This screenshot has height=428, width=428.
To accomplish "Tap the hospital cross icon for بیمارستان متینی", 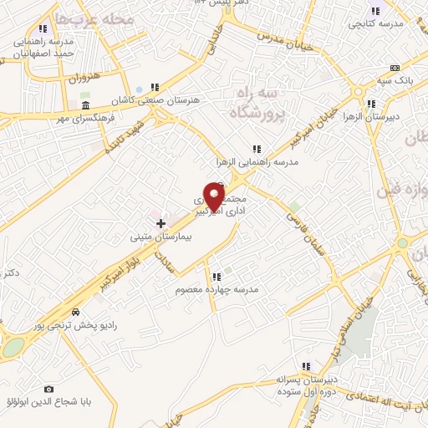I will point(161,224).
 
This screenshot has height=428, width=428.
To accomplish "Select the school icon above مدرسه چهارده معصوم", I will point(216,276).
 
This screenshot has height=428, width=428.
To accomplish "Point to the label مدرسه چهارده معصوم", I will point(220,289).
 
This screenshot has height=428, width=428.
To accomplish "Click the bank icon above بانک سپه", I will point(395,68).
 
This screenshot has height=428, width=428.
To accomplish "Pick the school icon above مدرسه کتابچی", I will point(374,11).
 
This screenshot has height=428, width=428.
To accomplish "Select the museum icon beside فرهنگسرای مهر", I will point(86,104).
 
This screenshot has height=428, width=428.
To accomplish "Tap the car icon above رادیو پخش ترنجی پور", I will point(76,311).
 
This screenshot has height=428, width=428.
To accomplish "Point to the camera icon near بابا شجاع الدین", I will point(48,390).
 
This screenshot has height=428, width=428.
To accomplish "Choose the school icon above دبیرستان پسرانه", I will point(306,365).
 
